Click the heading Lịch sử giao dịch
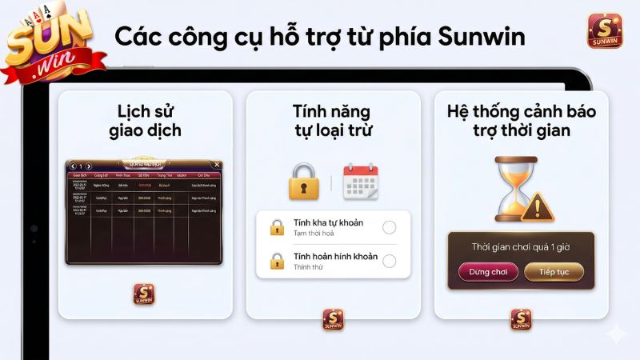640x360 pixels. click(x=145, y=121)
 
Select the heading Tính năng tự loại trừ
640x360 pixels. click(x=333, y=121)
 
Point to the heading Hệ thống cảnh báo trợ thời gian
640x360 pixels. click(x=522, y=121)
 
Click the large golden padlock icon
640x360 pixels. click(x=303, y=181)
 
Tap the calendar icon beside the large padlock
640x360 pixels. click(x=360, y=181)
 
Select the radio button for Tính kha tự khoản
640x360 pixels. click(x=390, y=226)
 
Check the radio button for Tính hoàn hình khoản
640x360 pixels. click(x=390, y=261)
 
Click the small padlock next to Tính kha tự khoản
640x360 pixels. click(x=277, y=226)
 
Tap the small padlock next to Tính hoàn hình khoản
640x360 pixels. click(x=277, y=261)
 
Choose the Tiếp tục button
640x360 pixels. click(x=554, y=272)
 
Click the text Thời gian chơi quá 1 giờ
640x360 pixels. click(x=521, y=247)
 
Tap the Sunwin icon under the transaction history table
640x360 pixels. click(x=144, y=294)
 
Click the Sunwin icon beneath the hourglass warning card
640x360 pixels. click(x=521, y=319)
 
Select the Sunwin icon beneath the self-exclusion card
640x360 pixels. click(x=333, y=319)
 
